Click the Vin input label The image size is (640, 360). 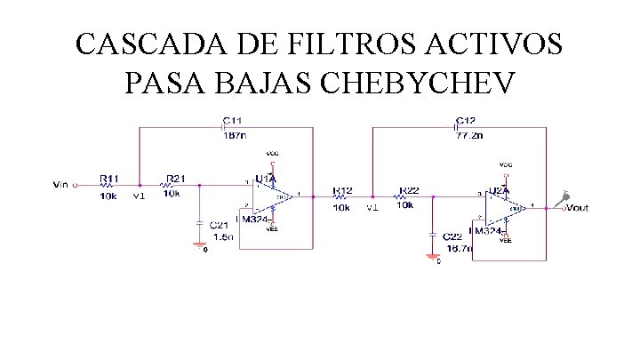click(x=60, y=185)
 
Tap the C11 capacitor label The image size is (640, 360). click(x=232, y=119)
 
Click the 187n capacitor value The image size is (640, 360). click(x=235, y=136)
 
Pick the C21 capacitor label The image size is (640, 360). click(x=220, y=225)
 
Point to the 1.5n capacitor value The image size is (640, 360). click(x=221, y=237)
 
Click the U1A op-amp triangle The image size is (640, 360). click(x=277, y=195)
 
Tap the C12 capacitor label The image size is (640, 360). click(x=464, y=119)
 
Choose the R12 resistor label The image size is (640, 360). click(x=342, y=190)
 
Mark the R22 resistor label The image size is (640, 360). click(x=409, y=190)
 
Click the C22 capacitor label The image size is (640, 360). click(x=453, y=236)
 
